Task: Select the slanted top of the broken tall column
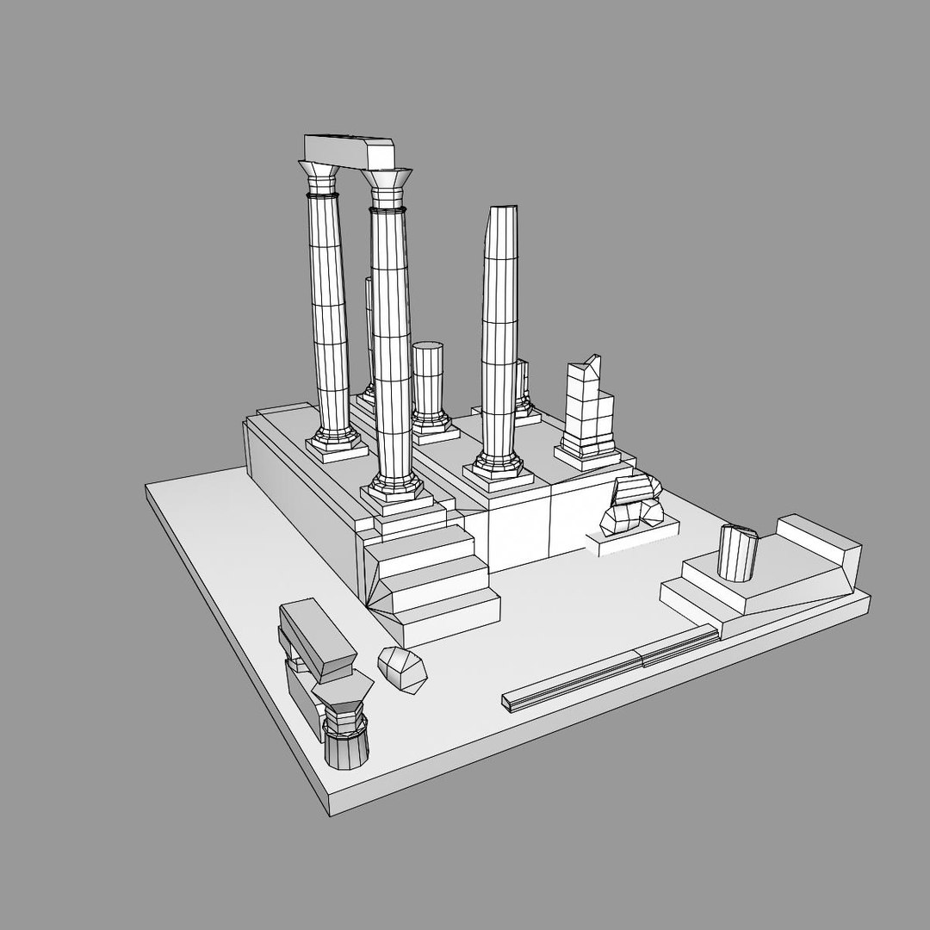point(501,215)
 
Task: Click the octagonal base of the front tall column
point(392,492)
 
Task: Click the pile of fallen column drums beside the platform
point(634,508)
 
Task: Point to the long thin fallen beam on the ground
point(611,667)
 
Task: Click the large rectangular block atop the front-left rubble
point(317,637)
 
